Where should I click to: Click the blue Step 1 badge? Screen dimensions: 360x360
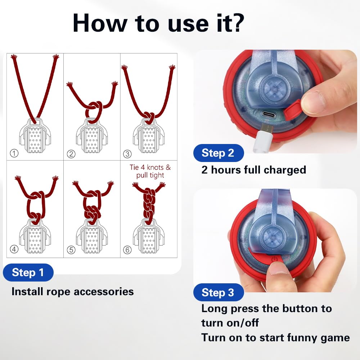click(x=28, y=273)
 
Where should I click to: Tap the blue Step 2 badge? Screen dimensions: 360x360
click(x=218, y=153)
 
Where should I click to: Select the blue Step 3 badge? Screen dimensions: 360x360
click(x=218, y=293)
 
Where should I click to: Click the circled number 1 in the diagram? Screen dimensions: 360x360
click(x=14, y=154)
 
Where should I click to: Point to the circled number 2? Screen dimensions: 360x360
click(x=71, y=154)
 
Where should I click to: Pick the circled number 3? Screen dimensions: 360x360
click(x=127, y=154)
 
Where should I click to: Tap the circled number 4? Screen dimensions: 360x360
click(x=14, y=249)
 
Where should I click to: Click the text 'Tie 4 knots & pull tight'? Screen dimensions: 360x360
click(x=150, y=171)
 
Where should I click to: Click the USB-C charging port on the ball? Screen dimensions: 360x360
click(x=268, y=115)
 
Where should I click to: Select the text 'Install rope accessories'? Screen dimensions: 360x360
click(x=72, y=291)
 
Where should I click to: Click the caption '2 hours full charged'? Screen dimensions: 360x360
click(x=253, y=170)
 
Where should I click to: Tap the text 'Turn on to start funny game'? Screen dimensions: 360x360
click(x=275, y=337)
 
